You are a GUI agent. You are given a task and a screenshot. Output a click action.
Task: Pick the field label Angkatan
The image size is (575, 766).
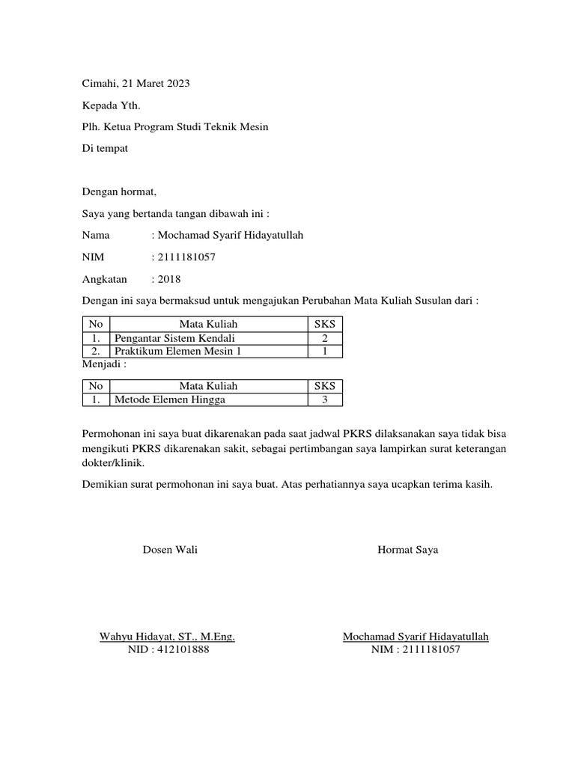(x=105, y=279)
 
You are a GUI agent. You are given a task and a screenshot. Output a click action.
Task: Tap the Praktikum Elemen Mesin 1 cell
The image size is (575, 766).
(x=178, y=351)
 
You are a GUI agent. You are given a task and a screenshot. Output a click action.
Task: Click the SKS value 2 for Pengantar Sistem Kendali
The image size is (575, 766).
(x=325, y=338)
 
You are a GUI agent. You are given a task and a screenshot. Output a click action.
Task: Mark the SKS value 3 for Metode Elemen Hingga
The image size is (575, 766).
(x=325, y=399)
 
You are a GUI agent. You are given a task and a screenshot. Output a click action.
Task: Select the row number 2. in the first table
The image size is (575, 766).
(x=95, y=351)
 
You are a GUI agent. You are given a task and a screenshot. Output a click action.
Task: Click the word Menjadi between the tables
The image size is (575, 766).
(x=102, y=364)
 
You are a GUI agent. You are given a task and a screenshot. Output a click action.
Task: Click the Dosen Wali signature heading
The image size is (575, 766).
(x=170, y=550)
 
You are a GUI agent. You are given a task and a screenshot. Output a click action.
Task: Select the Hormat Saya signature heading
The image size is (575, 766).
(x=408, y=550)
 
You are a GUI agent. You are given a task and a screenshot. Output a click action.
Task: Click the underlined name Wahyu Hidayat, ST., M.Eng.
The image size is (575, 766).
(x=168, y=637)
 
